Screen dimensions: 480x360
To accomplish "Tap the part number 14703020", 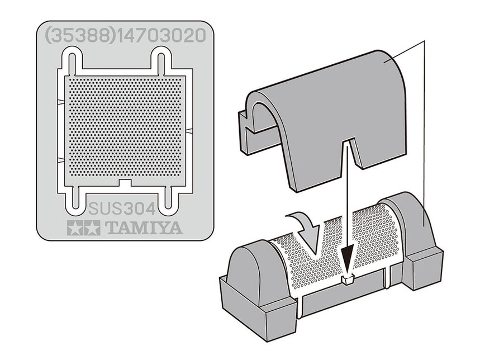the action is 161,35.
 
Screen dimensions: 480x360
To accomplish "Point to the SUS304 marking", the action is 122,209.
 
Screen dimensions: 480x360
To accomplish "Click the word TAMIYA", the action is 144,228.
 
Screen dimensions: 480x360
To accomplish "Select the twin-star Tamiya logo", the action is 83,228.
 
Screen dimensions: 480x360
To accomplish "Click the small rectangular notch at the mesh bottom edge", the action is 125,183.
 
